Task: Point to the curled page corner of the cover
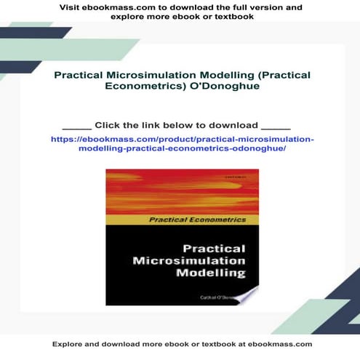[x=244, y=293]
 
